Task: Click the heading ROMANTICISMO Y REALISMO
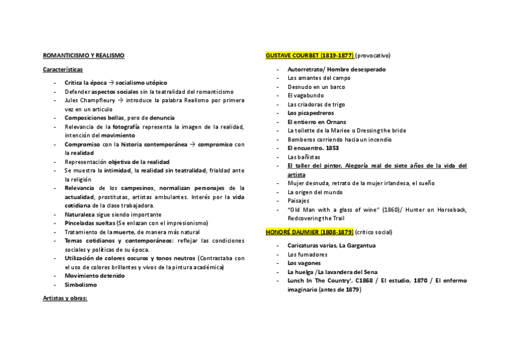click(x=84, y=55)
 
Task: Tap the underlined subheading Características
click(x=63, y=69)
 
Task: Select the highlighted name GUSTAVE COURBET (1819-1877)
click(x=309, y=55)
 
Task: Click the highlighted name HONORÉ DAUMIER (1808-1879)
click(x=309, y=231)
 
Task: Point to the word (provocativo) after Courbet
click(x=372, y=55)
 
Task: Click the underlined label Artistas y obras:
click(x=65, y=297)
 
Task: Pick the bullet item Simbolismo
click(x=81, y=285)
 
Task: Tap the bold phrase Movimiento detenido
click(x=94, y=276)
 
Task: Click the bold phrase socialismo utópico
click(x=141, y=82)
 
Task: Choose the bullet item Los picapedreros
click(x=310, y=113)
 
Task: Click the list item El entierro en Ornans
click(x=316, y=121)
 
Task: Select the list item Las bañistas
click(x=303, y=157)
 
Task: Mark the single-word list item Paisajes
click(x=298, y=201)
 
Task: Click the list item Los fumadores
click(x=307, y=254)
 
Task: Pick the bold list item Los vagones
click(x=304, y=263)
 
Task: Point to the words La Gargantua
click(x=357, y=245)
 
